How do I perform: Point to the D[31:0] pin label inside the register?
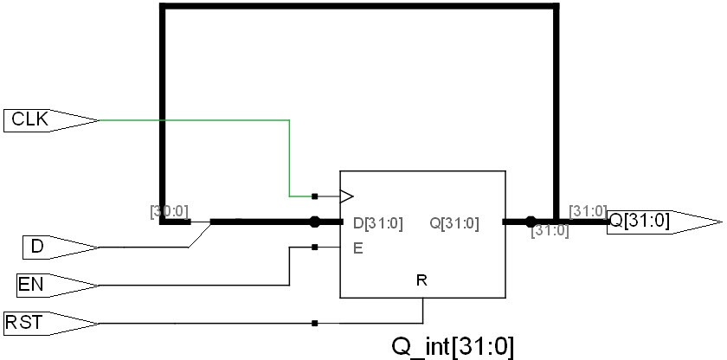coord(378,222)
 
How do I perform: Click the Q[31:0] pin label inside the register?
coord(454,222)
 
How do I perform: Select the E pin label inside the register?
coord(357,247)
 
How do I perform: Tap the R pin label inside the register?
coord(421,280)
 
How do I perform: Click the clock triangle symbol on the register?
coord(346,196)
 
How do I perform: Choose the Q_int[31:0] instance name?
coord(453,346)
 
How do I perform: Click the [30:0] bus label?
coord(170,209)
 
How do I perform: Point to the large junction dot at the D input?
coord(315,222)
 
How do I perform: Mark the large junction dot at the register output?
coord(531,222)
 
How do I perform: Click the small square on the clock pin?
coord(314,196)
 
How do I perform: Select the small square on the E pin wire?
coord(314,247)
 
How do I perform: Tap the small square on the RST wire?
coord(314,324)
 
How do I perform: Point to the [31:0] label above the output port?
coord(589,210)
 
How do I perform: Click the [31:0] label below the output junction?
coord(550,232)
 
